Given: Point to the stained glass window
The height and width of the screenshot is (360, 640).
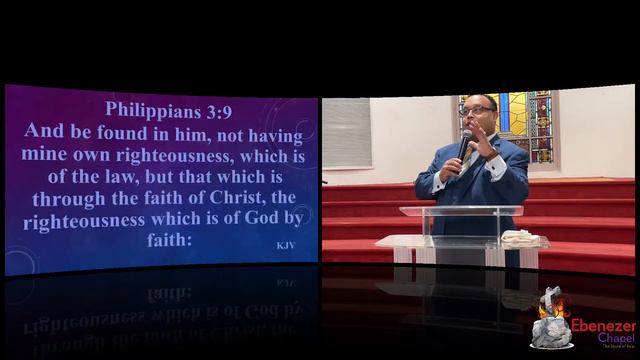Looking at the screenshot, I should (531, 121).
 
